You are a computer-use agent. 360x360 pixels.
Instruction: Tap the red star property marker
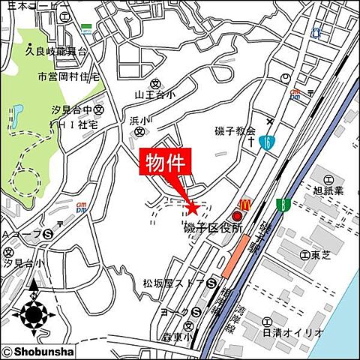(191, 208)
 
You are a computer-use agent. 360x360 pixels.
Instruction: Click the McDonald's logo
(243, 204)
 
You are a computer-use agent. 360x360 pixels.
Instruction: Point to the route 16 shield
(267, 141)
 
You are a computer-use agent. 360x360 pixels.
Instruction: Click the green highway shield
(283, 203)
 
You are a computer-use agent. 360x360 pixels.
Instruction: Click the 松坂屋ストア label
(173, 283)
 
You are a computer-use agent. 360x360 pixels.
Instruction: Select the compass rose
(33, 310)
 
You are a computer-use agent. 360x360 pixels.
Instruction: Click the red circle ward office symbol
(238, 217)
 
